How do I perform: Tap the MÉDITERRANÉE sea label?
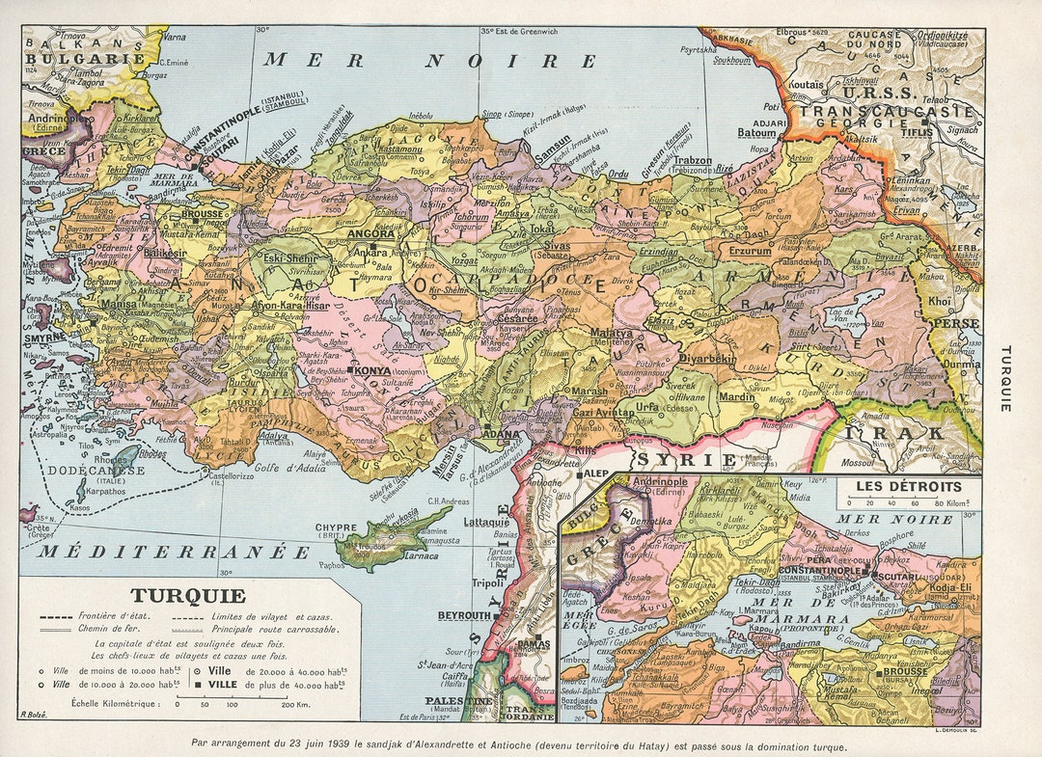pos(175,552)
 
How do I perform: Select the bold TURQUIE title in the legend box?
pos(189,596)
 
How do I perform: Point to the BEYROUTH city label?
pos(464,615)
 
